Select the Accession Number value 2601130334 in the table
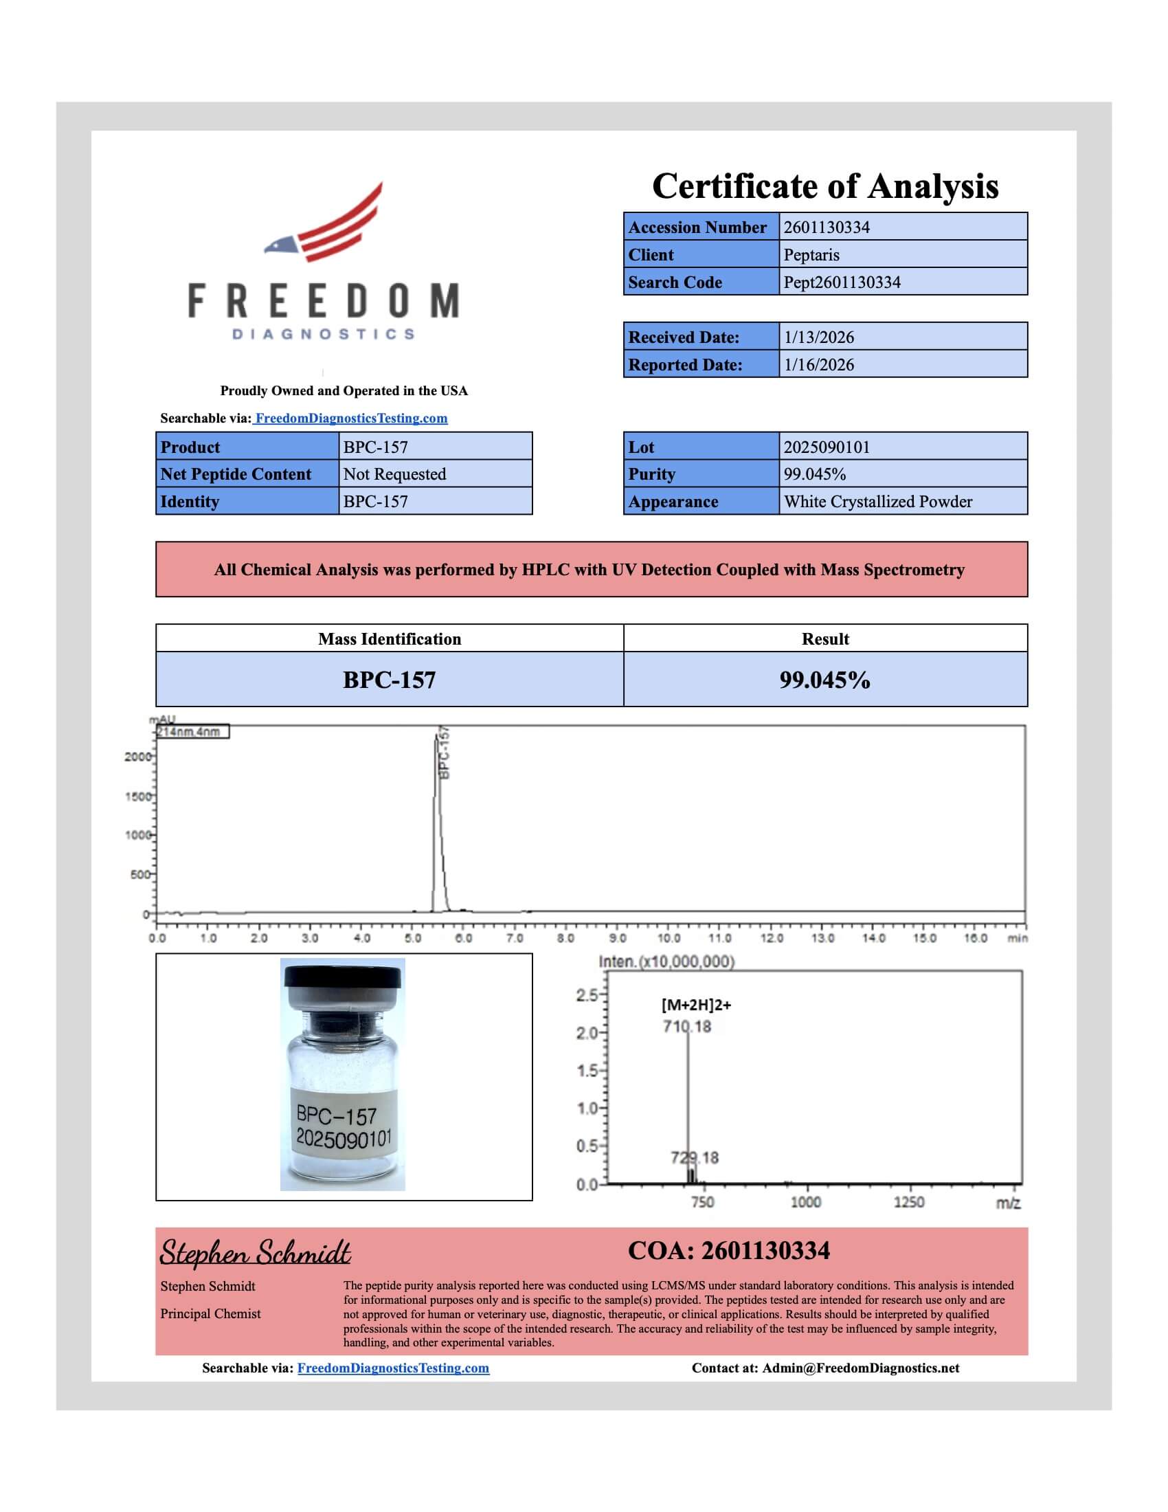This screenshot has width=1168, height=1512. (826, 227)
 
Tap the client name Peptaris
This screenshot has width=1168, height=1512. (811, 255)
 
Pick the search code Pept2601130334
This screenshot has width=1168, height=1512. (842, 282)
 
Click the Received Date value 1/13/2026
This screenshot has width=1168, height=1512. (818, 337)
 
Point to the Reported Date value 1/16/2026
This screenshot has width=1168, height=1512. (818, 365)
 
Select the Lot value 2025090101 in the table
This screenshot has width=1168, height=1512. (826, 447)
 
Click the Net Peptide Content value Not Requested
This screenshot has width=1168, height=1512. (394, 474)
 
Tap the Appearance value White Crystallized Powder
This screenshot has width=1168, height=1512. (877, 502)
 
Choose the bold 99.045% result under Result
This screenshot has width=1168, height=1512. (824, 680)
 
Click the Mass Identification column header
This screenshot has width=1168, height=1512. (390, 639)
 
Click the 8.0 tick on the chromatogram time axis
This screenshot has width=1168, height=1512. (565, 938)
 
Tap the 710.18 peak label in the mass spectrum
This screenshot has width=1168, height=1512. (686, 1026)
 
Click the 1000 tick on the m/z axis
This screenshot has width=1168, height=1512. (805, 1203)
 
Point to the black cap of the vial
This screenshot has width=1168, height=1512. (343, 977)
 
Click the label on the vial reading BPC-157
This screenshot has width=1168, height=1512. (337, 1115)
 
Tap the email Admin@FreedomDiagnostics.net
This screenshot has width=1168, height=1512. (861, 1368)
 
